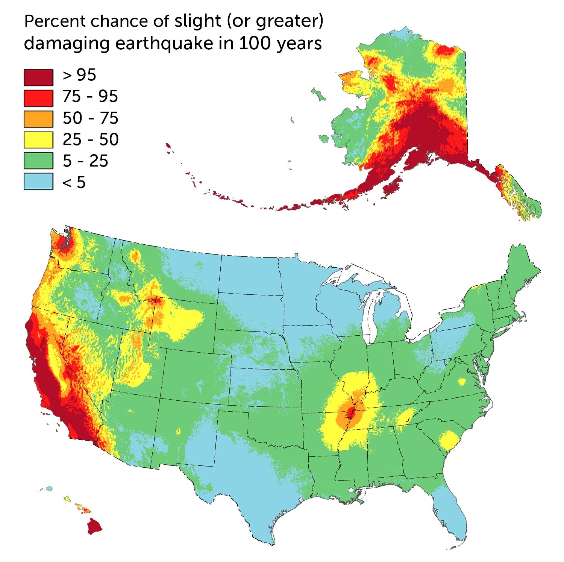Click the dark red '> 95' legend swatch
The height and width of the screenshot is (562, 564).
pyautogui.click(x=38, y=77)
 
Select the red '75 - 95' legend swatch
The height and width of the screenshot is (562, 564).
pyautogui.click(x=38, y=98)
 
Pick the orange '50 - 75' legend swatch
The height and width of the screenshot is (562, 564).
pyautogui.click(x=38, y=119)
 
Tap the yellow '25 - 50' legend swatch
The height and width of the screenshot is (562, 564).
pyautogui.click(x=38, y=139)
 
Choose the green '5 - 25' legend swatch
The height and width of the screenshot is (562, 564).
pyautogui.click(x=38, y=161)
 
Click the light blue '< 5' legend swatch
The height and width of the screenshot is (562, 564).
pyautogui.click(x=38, y=181)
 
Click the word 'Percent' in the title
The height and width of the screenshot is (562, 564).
pyautogui.click(x=55, y=21)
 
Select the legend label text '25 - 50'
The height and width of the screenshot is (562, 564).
pyautogui.click(x=90, y=139)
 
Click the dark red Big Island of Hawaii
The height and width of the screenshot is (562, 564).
pyautogui.click(x=94, y=526)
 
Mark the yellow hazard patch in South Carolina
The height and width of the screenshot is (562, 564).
pyautogui.click(x=449, y=440)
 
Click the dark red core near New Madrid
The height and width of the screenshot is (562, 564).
pyautogui.click(x=352, y=413)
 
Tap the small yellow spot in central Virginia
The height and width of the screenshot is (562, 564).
pyautogui.click(x=462, y=382)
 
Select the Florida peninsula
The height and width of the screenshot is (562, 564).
pyautogui.click(x=453, y=511)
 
